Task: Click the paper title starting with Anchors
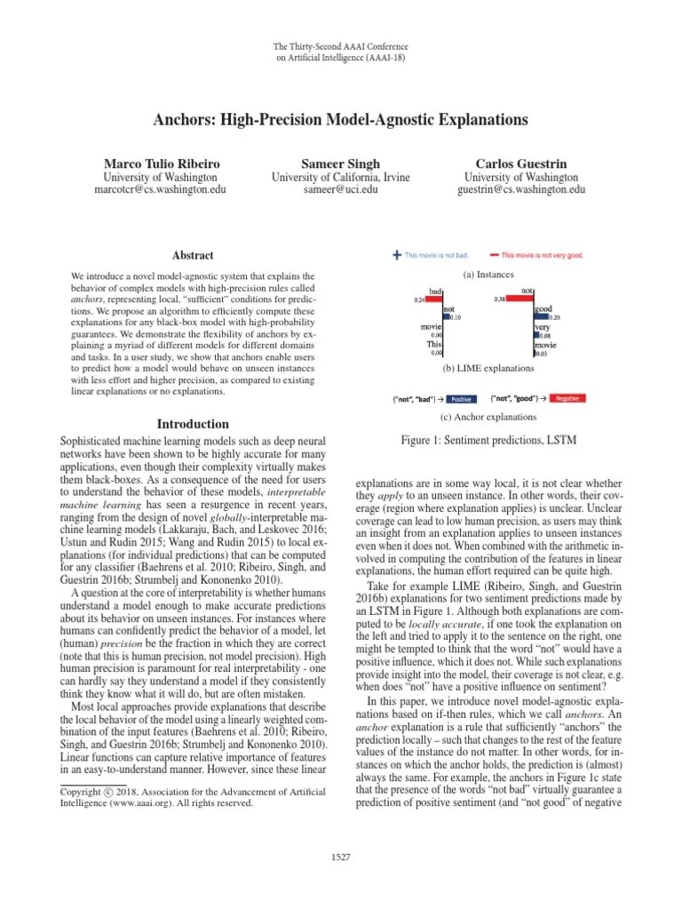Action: coord(340,119)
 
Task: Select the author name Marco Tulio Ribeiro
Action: coord(162,164)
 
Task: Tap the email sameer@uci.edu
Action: coord(340,189)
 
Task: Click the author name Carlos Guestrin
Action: coord(520,164)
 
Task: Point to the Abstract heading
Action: coord(191,255)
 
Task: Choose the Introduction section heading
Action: coord(193,424)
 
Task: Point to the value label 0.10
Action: coord(456,317)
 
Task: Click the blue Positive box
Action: coord(460,399)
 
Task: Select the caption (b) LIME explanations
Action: coord(495,367)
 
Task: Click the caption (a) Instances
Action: coord(495,275)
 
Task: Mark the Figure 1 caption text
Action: coord(495,438)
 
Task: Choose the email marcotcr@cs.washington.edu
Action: coord(162,189)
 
